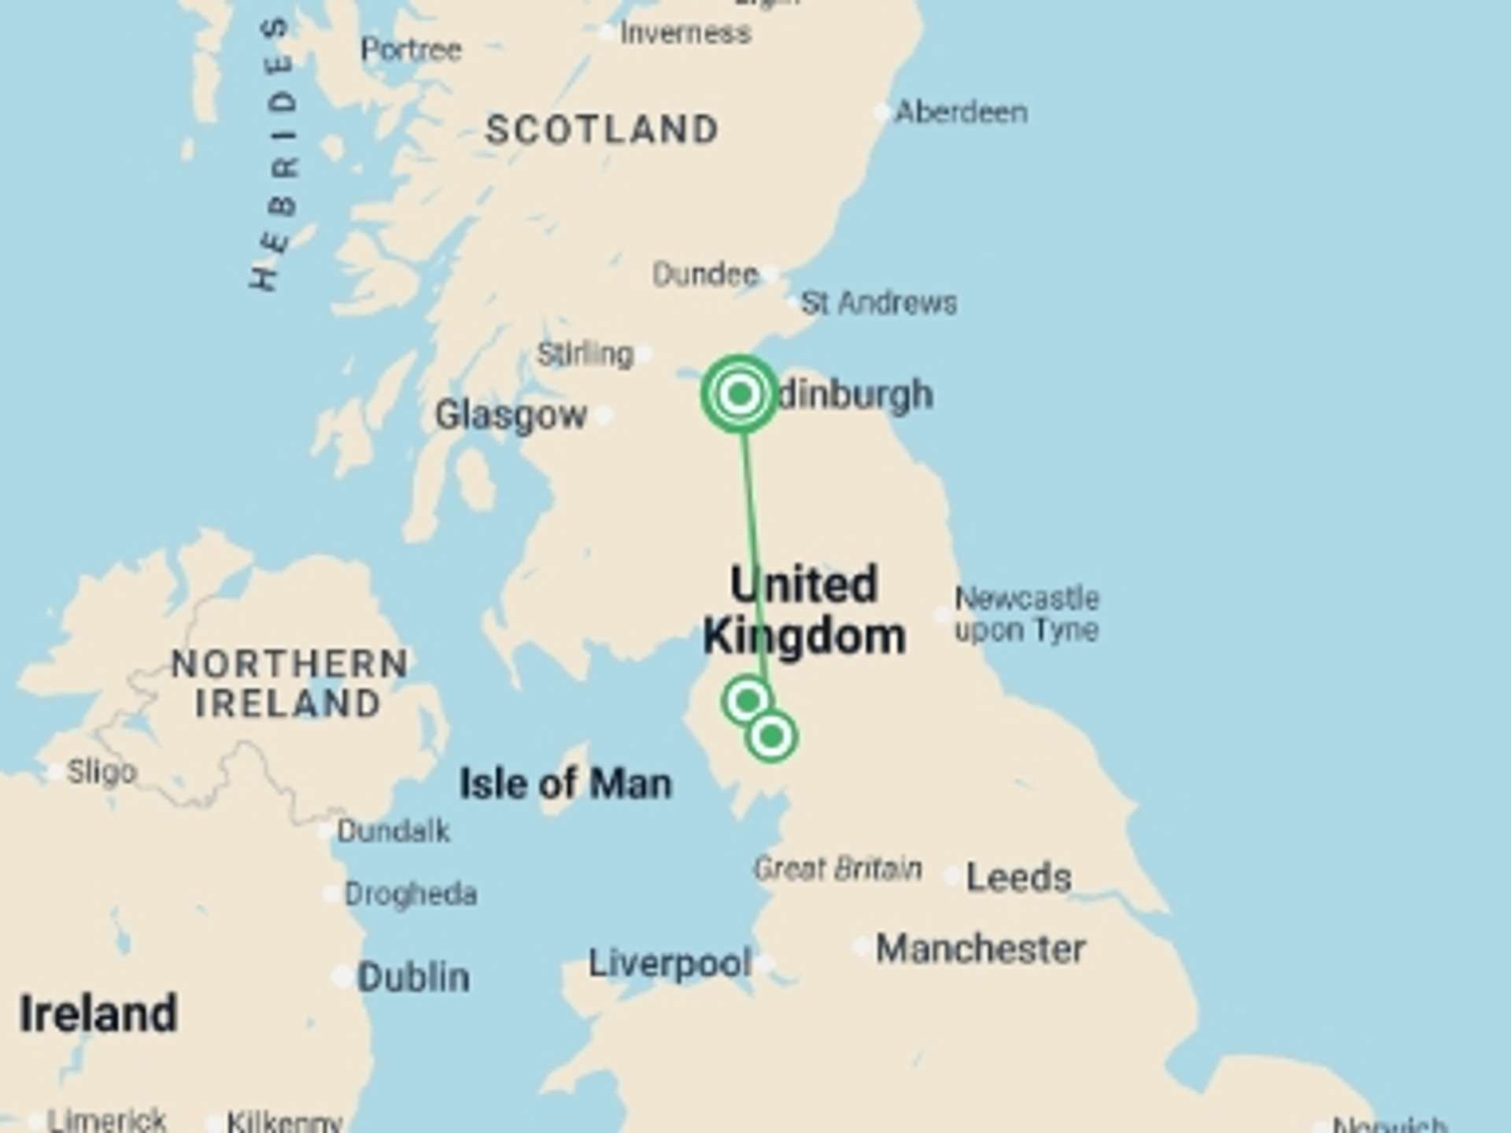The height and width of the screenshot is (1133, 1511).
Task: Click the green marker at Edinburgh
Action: [x=739, y=393]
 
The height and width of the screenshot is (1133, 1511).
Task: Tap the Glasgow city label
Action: [x=511, y=415]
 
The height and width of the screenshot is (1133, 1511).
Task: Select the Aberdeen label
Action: [x=961, y=113]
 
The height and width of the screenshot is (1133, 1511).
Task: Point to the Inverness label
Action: [x=685, y=33]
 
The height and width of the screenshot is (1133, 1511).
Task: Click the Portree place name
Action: [x=411, y=50]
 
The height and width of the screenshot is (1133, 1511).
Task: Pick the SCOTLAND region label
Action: [x=602, y=130]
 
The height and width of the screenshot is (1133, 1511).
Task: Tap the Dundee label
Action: [x=705, y=275]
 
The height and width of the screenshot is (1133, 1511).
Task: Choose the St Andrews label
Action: [x=878, y=303]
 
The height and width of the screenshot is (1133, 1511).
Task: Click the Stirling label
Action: [x=585, y=354]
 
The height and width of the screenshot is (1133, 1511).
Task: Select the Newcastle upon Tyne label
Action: [x=1026, y=614]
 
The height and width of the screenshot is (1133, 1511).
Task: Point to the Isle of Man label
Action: [x=565, y=784]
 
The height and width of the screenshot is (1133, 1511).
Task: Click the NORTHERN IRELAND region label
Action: [x=290, y=684]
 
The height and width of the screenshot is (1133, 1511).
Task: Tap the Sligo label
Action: [x=102, y=772]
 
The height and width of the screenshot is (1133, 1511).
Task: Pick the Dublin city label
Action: [x=413, y=977]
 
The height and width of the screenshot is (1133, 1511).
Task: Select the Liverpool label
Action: [x=670, y=963]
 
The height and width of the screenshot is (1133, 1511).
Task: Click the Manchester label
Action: [x=981, y=949]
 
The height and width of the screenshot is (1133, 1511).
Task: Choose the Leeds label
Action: [x=1018, y=877]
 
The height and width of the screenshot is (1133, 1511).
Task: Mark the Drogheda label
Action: [x=411, y=894]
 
